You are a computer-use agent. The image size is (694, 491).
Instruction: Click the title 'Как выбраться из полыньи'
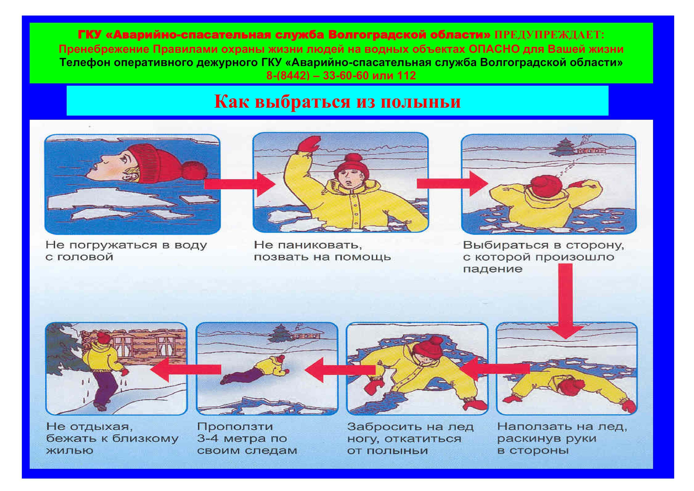point(337,101)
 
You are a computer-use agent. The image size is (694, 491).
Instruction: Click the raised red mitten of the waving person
point(309,146)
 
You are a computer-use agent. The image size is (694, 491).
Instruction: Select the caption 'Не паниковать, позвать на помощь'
point(322,251)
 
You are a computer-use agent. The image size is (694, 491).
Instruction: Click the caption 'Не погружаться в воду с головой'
point(126,251)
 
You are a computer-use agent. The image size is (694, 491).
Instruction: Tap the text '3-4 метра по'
point(242,438)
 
